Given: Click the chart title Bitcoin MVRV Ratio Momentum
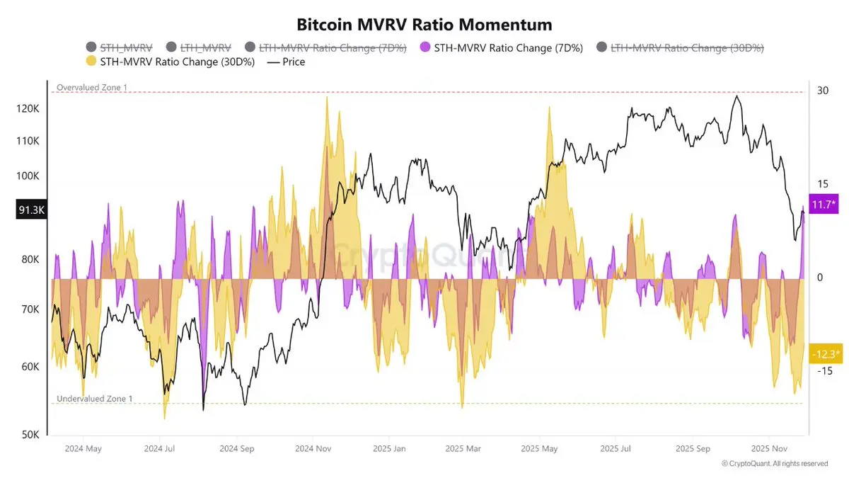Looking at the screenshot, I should pyautogui.click(x=424, y=24).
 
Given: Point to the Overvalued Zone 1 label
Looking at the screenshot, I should pyautogui.click(x=88, y=87).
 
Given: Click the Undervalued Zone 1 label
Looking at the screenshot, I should pyautogui.click(x=94, y=399).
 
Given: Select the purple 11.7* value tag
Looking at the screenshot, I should pyautogui.click(x=823, y=204).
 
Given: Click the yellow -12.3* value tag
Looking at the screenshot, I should pyautogui.click(x=826, y=353).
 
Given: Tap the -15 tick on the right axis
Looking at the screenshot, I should pyautogui.click(x=824, y=371).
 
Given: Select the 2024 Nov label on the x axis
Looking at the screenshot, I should pyautogui.click(x=313, y=448).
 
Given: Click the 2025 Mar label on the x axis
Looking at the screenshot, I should pyautogui.click(x=463, y=448).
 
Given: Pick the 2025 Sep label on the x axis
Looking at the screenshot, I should pyautogui.click(x=693, y=448).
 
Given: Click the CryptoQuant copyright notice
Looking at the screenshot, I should pyautogui.click(x=775, y=464).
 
